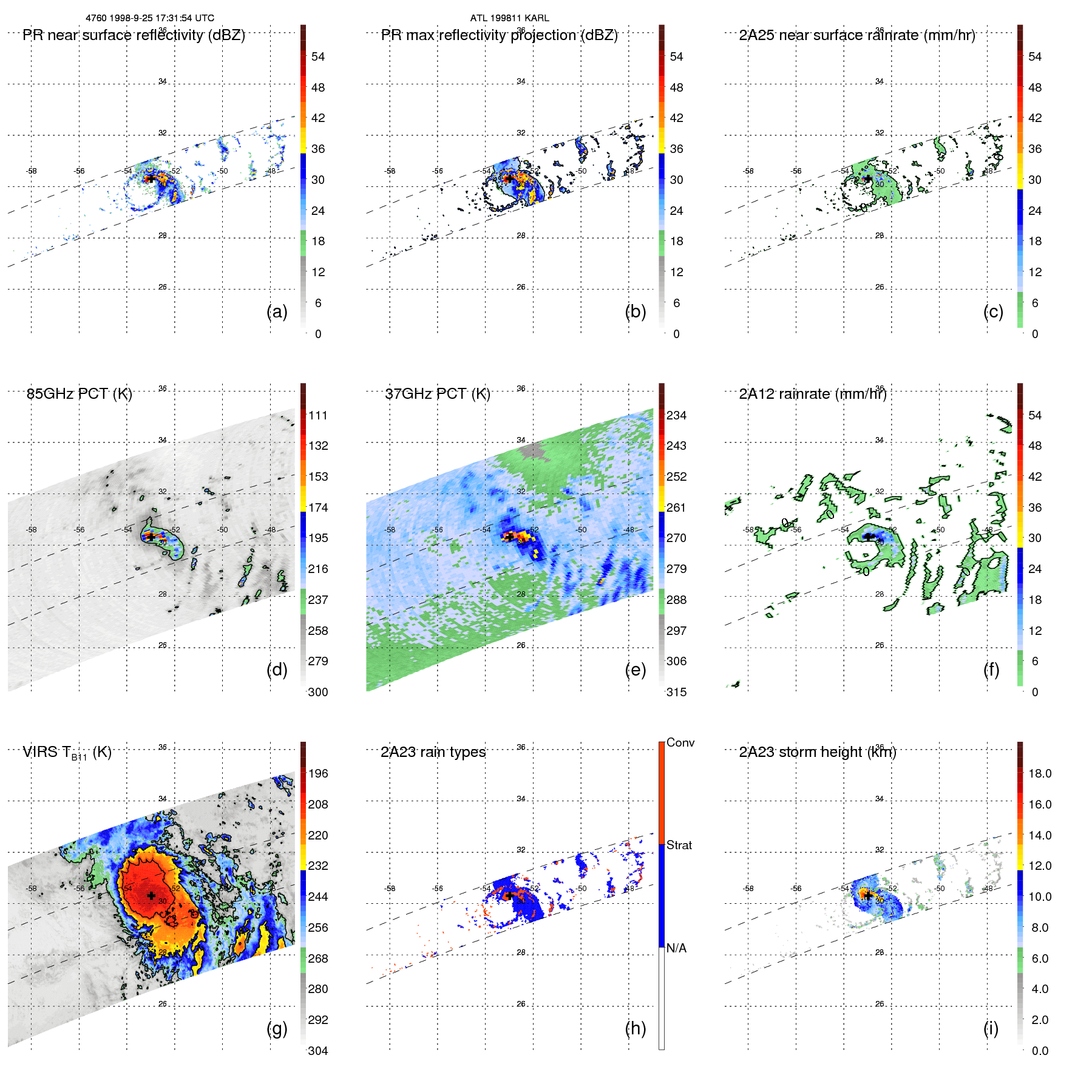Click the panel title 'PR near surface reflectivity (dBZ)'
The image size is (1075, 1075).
(x=134, y=35)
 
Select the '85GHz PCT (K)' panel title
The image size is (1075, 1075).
(x=79, y=394)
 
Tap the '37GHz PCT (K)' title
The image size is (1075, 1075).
(x=438, y=394)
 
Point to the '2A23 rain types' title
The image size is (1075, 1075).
(x=433, y=752)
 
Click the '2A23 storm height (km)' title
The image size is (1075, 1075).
(x=818, y=752)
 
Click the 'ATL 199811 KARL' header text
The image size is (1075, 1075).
(x=509, y=18)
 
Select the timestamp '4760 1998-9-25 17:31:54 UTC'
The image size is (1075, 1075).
(x=150, y=18)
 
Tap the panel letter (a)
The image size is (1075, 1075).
(x=277, y=311)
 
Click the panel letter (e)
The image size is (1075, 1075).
(x=636, y=670)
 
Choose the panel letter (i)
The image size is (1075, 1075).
(x=991, y=1028)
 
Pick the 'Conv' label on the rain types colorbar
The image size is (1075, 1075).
(x=680, y=742)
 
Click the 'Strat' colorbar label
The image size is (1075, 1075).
(x=679, y=845)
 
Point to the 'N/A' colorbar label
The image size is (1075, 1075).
(x=676, y=948)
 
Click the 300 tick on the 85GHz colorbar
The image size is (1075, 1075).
(x=317, y=692)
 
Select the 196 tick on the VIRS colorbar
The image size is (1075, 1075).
(x=317, y=773)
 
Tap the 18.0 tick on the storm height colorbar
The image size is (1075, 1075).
(x=1039, y=773)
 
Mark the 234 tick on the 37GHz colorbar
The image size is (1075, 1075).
(x=676, y=415)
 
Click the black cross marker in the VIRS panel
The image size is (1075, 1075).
(x=151, y=895)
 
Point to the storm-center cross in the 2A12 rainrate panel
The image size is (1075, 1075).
(x=869, y=537)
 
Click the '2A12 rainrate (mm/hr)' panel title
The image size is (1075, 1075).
(x=813, y=394)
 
